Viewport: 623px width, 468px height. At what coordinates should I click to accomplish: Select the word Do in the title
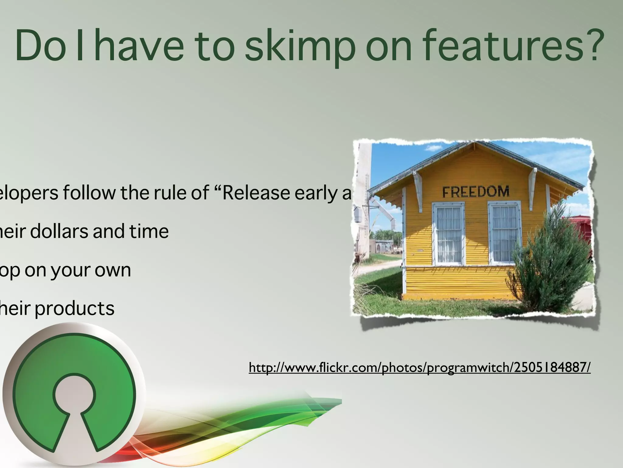[x=40, y=46]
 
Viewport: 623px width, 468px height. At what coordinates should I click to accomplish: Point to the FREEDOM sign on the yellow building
[x=475, y=192]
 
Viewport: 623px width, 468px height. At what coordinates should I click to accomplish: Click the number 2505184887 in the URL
[x=551, y=367]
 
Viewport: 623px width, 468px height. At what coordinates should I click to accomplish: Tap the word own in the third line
[x=113, y=270]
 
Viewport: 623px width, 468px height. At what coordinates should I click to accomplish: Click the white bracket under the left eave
[x=418, y=189]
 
